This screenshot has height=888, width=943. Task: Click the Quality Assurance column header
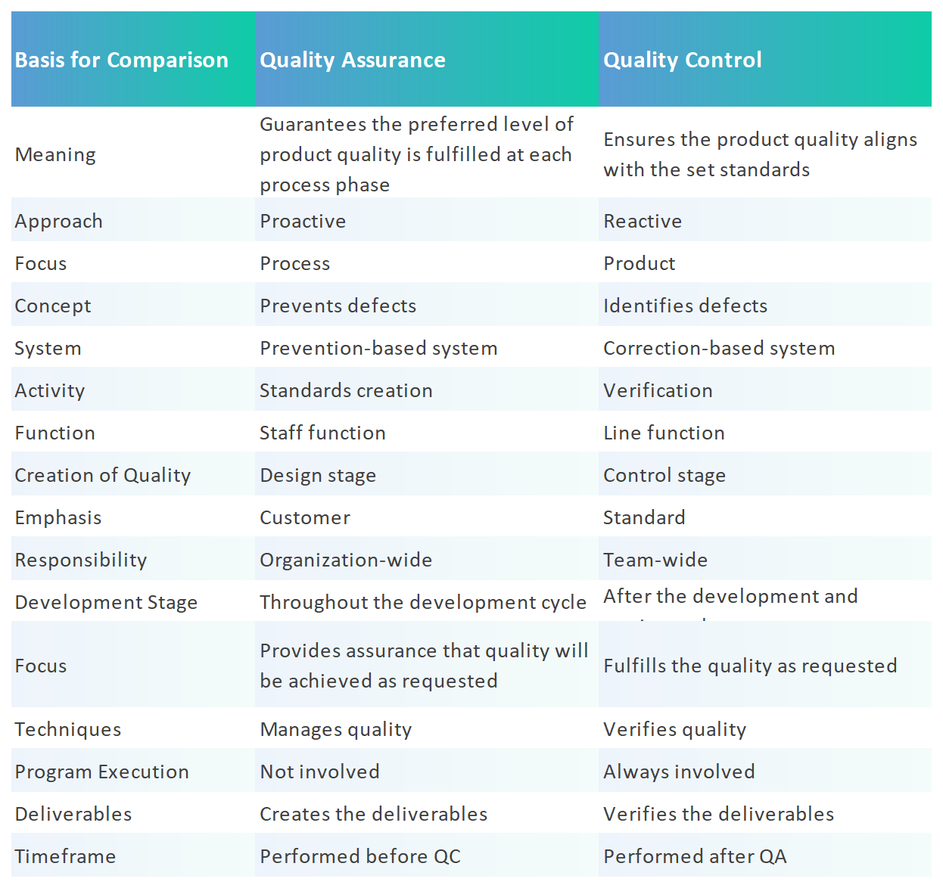coord(353,60)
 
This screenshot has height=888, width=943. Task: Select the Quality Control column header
coord(683,60)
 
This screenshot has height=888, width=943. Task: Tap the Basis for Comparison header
coord(121,60)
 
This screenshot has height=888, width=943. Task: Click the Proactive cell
coord(303,221)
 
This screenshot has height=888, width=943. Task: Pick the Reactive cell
coord(643,221)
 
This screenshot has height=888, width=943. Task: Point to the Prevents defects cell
coord(338,306)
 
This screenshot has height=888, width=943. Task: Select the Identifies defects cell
coord(685,306)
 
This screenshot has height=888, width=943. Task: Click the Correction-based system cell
coord(719,348)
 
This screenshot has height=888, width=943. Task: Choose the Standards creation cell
coord(346,390)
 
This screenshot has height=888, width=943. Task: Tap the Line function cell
coord(664,433)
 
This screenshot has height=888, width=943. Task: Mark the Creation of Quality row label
coord(103,475)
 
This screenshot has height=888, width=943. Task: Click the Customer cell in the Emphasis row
coord(305,517)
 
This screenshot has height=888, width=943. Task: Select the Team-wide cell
coord(655,560)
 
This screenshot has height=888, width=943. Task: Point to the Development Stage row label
coord(106,602)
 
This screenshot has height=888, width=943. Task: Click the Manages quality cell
coord(336,729)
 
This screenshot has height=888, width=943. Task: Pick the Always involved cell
coord(679,772)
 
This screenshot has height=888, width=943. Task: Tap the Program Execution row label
coord(102,772)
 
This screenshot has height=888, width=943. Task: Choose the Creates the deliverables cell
coord(374,814)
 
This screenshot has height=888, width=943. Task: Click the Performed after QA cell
coord(695,856)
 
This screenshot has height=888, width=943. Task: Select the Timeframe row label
coord(66,856)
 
